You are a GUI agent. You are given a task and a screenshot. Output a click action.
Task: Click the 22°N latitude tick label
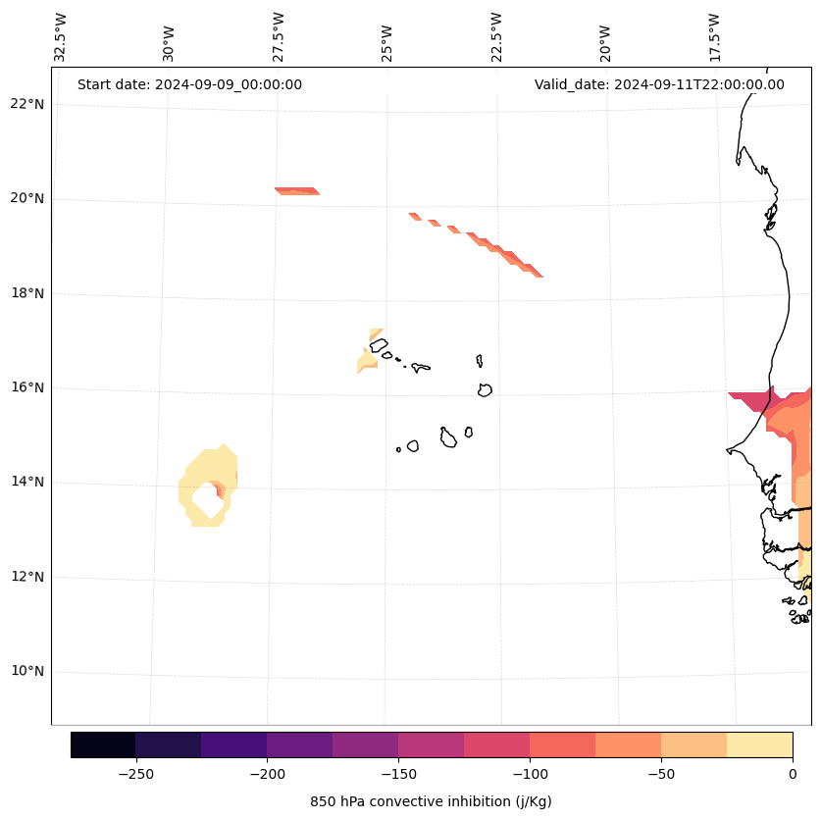[x=26, y=104]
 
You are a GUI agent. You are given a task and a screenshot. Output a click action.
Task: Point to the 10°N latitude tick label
[x=26, y=671]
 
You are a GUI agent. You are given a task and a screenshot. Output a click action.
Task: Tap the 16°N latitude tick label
[x=26, y=387]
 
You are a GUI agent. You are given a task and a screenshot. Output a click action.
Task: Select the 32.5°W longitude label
[x=61, y=37]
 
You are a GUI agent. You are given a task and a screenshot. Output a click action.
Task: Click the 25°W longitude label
[x=387, y=41]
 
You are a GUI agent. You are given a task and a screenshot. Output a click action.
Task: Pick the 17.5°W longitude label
[x=714, y=37]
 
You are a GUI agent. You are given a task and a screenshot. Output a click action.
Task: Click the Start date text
[x=189, y=84]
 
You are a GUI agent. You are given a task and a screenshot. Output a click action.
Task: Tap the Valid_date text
[x=659, y=84]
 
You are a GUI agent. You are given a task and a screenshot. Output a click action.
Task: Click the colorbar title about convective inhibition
[x=431, y=801]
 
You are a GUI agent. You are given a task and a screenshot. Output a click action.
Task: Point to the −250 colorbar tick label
[x=135, y=773]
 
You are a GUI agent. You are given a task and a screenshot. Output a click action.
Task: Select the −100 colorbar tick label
[x=530, y=773]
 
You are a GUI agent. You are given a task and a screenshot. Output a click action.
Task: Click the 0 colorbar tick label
[x=793, y=773]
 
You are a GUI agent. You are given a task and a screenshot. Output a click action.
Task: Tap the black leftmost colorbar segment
[x=103, y=744]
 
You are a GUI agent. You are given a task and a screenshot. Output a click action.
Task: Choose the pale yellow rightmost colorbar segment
[x=759, y=744]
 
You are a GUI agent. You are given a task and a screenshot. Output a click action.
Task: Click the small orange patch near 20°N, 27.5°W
[x=296, y=190]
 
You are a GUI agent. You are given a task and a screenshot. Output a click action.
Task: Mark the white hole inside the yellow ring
[x=207, y=498]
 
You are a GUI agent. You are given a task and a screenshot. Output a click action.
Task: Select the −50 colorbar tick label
[x=661, y=773]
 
